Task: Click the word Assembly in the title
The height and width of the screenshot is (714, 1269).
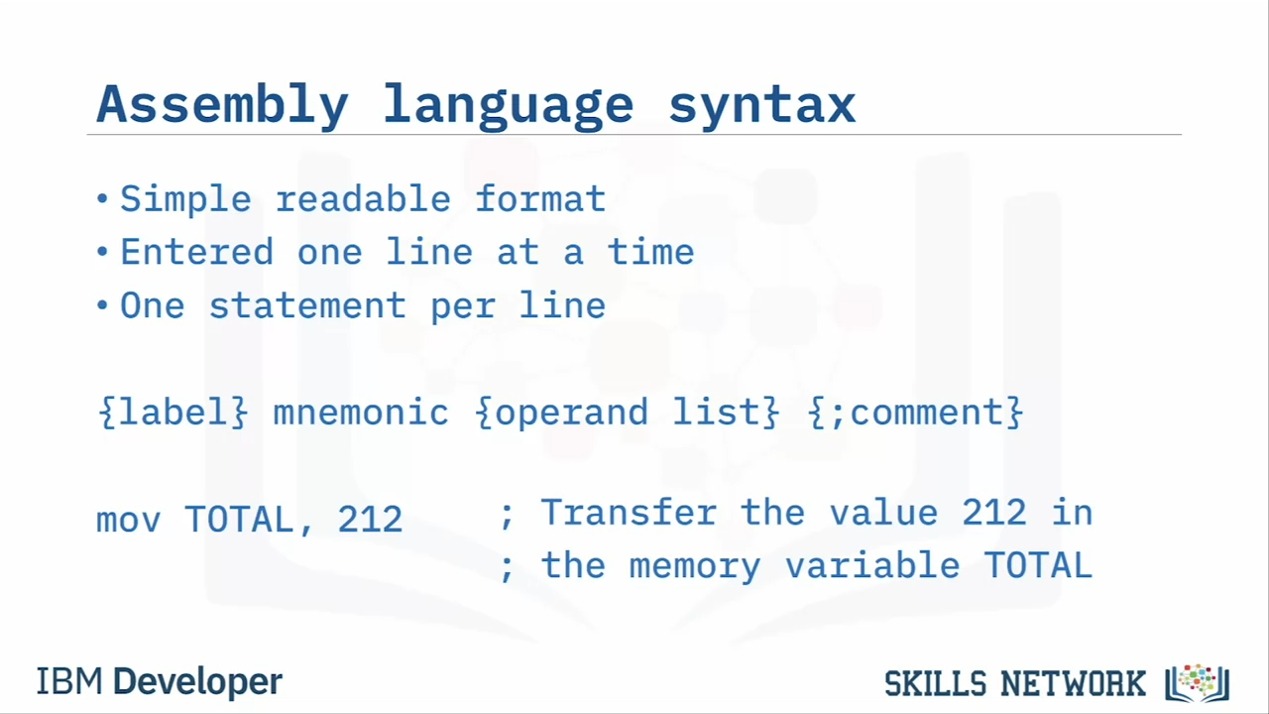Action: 222,105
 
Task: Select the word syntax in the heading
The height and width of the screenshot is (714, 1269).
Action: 762,105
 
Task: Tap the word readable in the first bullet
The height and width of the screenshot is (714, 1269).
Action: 363,198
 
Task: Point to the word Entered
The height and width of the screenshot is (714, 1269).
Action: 196,252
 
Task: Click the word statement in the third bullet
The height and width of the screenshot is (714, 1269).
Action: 307,305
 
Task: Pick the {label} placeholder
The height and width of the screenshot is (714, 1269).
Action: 173,412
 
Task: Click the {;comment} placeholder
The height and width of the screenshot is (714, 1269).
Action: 915,412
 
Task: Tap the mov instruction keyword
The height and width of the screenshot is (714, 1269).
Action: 129,520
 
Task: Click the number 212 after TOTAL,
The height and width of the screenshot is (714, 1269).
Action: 370,519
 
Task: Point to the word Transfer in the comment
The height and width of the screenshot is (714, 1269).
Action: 629,513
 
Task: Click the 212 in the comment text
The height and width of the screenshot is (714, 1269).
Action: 994,513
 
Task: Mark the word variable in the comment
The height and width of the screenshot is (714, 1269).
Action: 872,565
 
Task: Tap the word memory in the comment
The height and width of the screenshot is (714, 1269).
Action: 695,566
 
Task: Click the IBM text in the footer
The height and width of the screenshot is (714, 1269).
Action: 69,681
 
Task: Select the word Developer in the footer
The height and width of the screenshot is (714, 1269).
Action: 197,682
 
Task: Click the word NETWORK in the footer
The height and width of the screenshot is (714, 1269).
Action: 1073,683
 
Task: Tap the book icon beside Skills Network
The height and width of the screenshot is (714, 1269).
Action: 1197,683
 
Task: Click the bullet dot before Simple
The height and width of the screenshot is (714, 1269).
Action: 102,199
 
